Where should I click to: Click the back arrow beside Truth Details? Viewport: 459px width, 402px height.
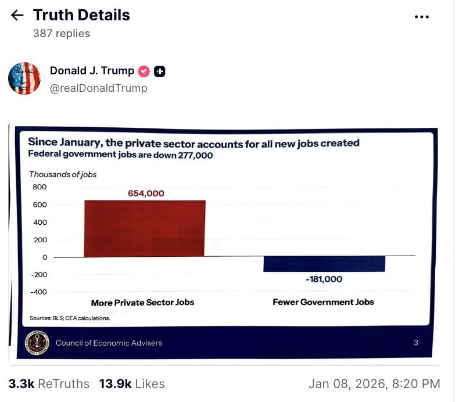[x=17, y=16]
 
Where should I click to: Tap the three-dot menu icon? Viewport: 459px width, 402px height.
[x=421, y=17]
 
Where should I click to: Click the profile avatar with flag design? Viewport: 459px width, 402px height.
[x=24, y=78]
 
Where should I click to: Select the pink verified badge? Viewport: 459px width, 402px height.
[x=144, y=71]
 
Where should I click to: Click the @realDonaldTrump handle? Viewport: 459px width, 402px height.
[x=98, y=88]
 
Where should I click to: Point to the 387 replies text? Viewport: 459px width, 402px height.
[x=62, y=34]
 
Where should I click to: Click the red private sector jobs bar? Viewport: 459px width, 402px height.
[x=145, y=228]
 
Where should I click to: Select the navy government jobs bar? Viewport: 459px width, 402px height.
[x=324, y=264]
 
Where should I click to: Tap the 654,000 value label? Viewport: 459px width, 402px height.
[x=146, y=193]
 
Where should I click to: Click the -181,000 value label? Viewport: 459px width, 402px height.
[x=324, y=279]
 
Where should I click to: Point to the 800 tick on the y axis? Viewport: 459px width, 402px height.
[x=40, y=187]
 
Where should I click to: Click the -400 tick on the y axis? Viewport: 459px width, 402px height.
[x=38, y=292]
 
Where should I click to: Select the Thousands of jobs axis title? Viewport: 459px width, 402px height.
[x=63, y=174]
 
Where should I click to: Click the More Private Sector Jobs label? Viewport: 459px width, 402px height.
[x=142, y=303]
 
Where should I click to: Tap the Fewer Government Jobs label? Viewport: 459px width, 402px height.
[x=323, y=302]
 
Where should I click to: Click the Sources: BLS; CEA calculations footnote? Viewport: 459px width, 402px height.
[x=70, y=318]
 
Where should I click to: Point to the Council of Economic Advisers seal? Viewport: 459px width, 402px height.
[x=37, y=342]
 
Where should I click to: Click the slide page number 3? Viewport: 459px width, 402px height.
[x=416, y=343]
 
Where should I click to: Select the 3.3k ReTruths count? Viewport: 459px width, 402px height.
[x=49, y=384]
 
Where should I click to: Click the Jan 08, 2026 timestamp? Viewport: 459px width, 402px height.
[x=374, y=384]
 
